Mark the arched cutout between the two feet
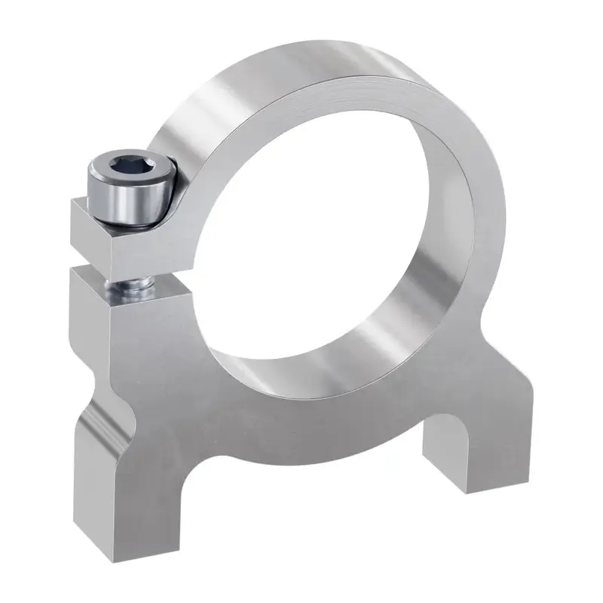317,452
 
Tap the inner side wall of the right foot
445,445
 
